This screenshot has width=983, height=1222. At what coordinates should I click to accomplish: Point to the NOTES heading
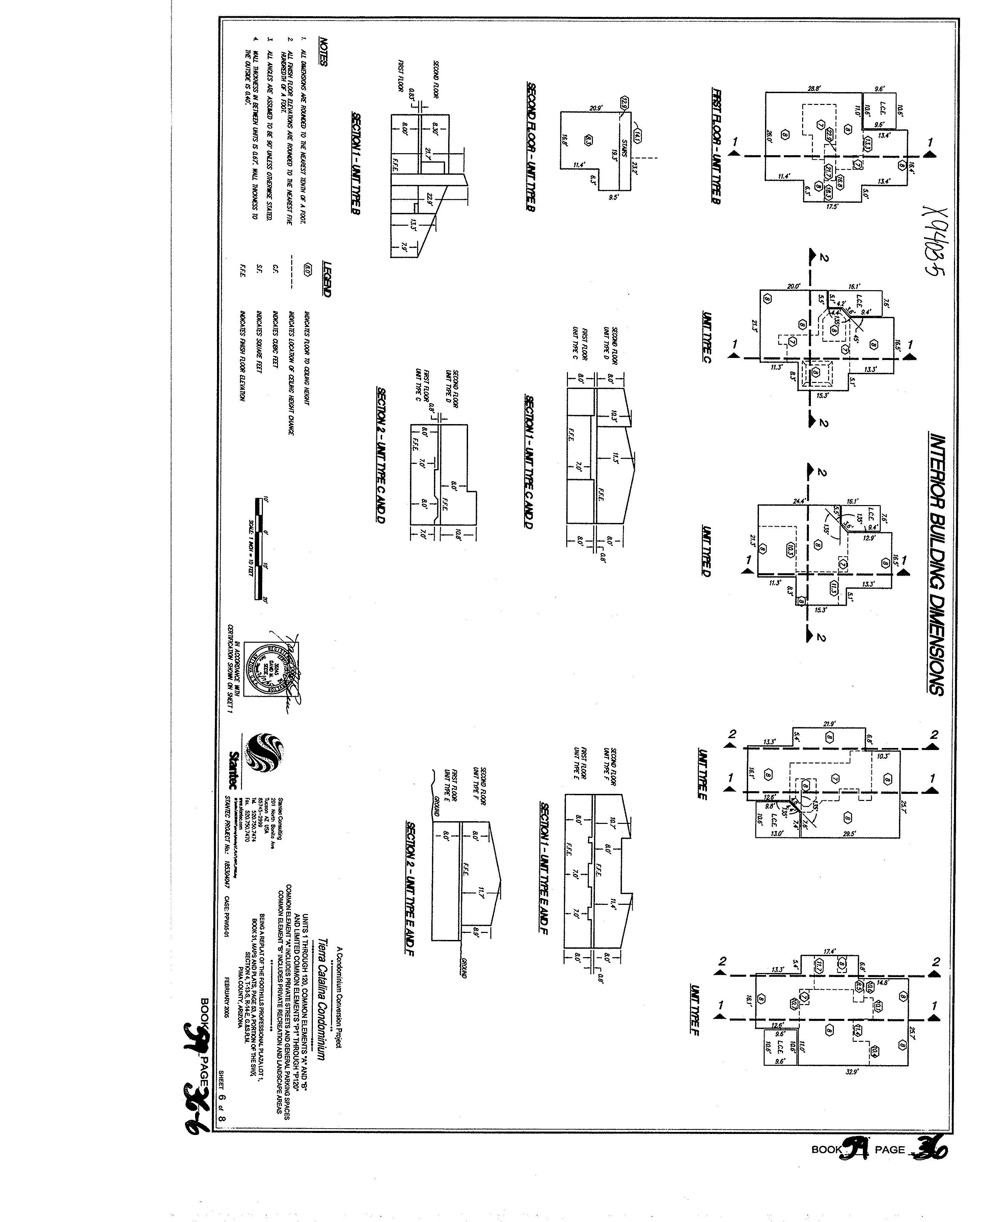click(323, 52)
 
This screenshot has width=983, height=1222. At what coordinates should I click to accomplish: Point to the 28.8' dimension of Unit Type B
click(814, 89)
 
